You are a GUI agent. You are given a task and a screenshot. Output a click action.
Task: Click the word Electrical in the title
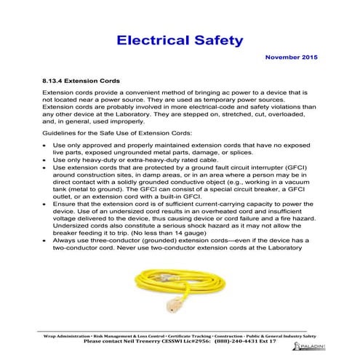[x=151, y=39]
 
